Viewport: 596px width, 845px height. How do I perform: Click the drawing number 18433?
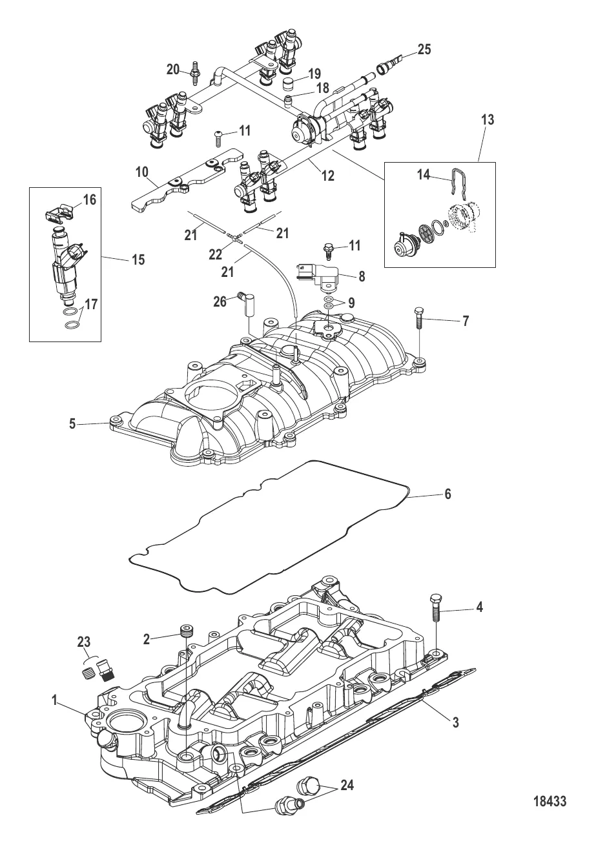pos(550,802)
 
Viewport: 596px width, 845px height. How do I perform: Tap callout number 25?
pos(424,50)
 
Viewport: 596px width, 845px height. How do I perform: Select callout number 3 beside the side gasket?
pos(455,722)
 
